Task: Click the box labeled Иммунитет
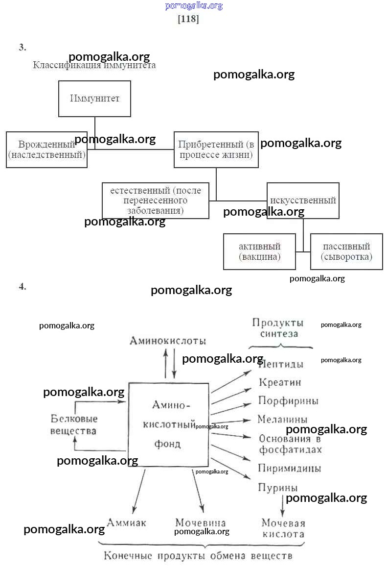coord(94,99)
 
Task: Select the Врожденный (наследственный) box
coord(46,149)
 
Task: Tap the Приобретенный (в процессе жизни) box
coord(216,149)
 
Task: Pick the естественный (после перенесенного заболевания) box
coord(155,200)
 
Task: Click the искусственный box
coord(303,200)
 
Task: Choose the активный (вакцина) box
coord(259,251)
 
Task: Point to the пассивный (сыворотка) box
coord(346,251)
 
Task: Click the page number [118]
coord(188,20)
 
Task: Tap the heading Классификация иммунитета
coord(94,65)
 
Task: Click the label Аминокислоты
coord(167,341)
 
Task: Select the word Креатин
coord(280,382)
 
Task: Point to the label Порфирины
coord(288,401)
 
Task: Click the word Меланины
coord(283,420)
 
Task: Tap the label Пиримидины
coord(290,469)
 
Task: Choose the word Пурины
coord(278,488)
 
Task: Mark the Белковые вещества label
coord(74,425)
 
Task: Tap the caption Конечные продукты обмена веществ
coord(198,556)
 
